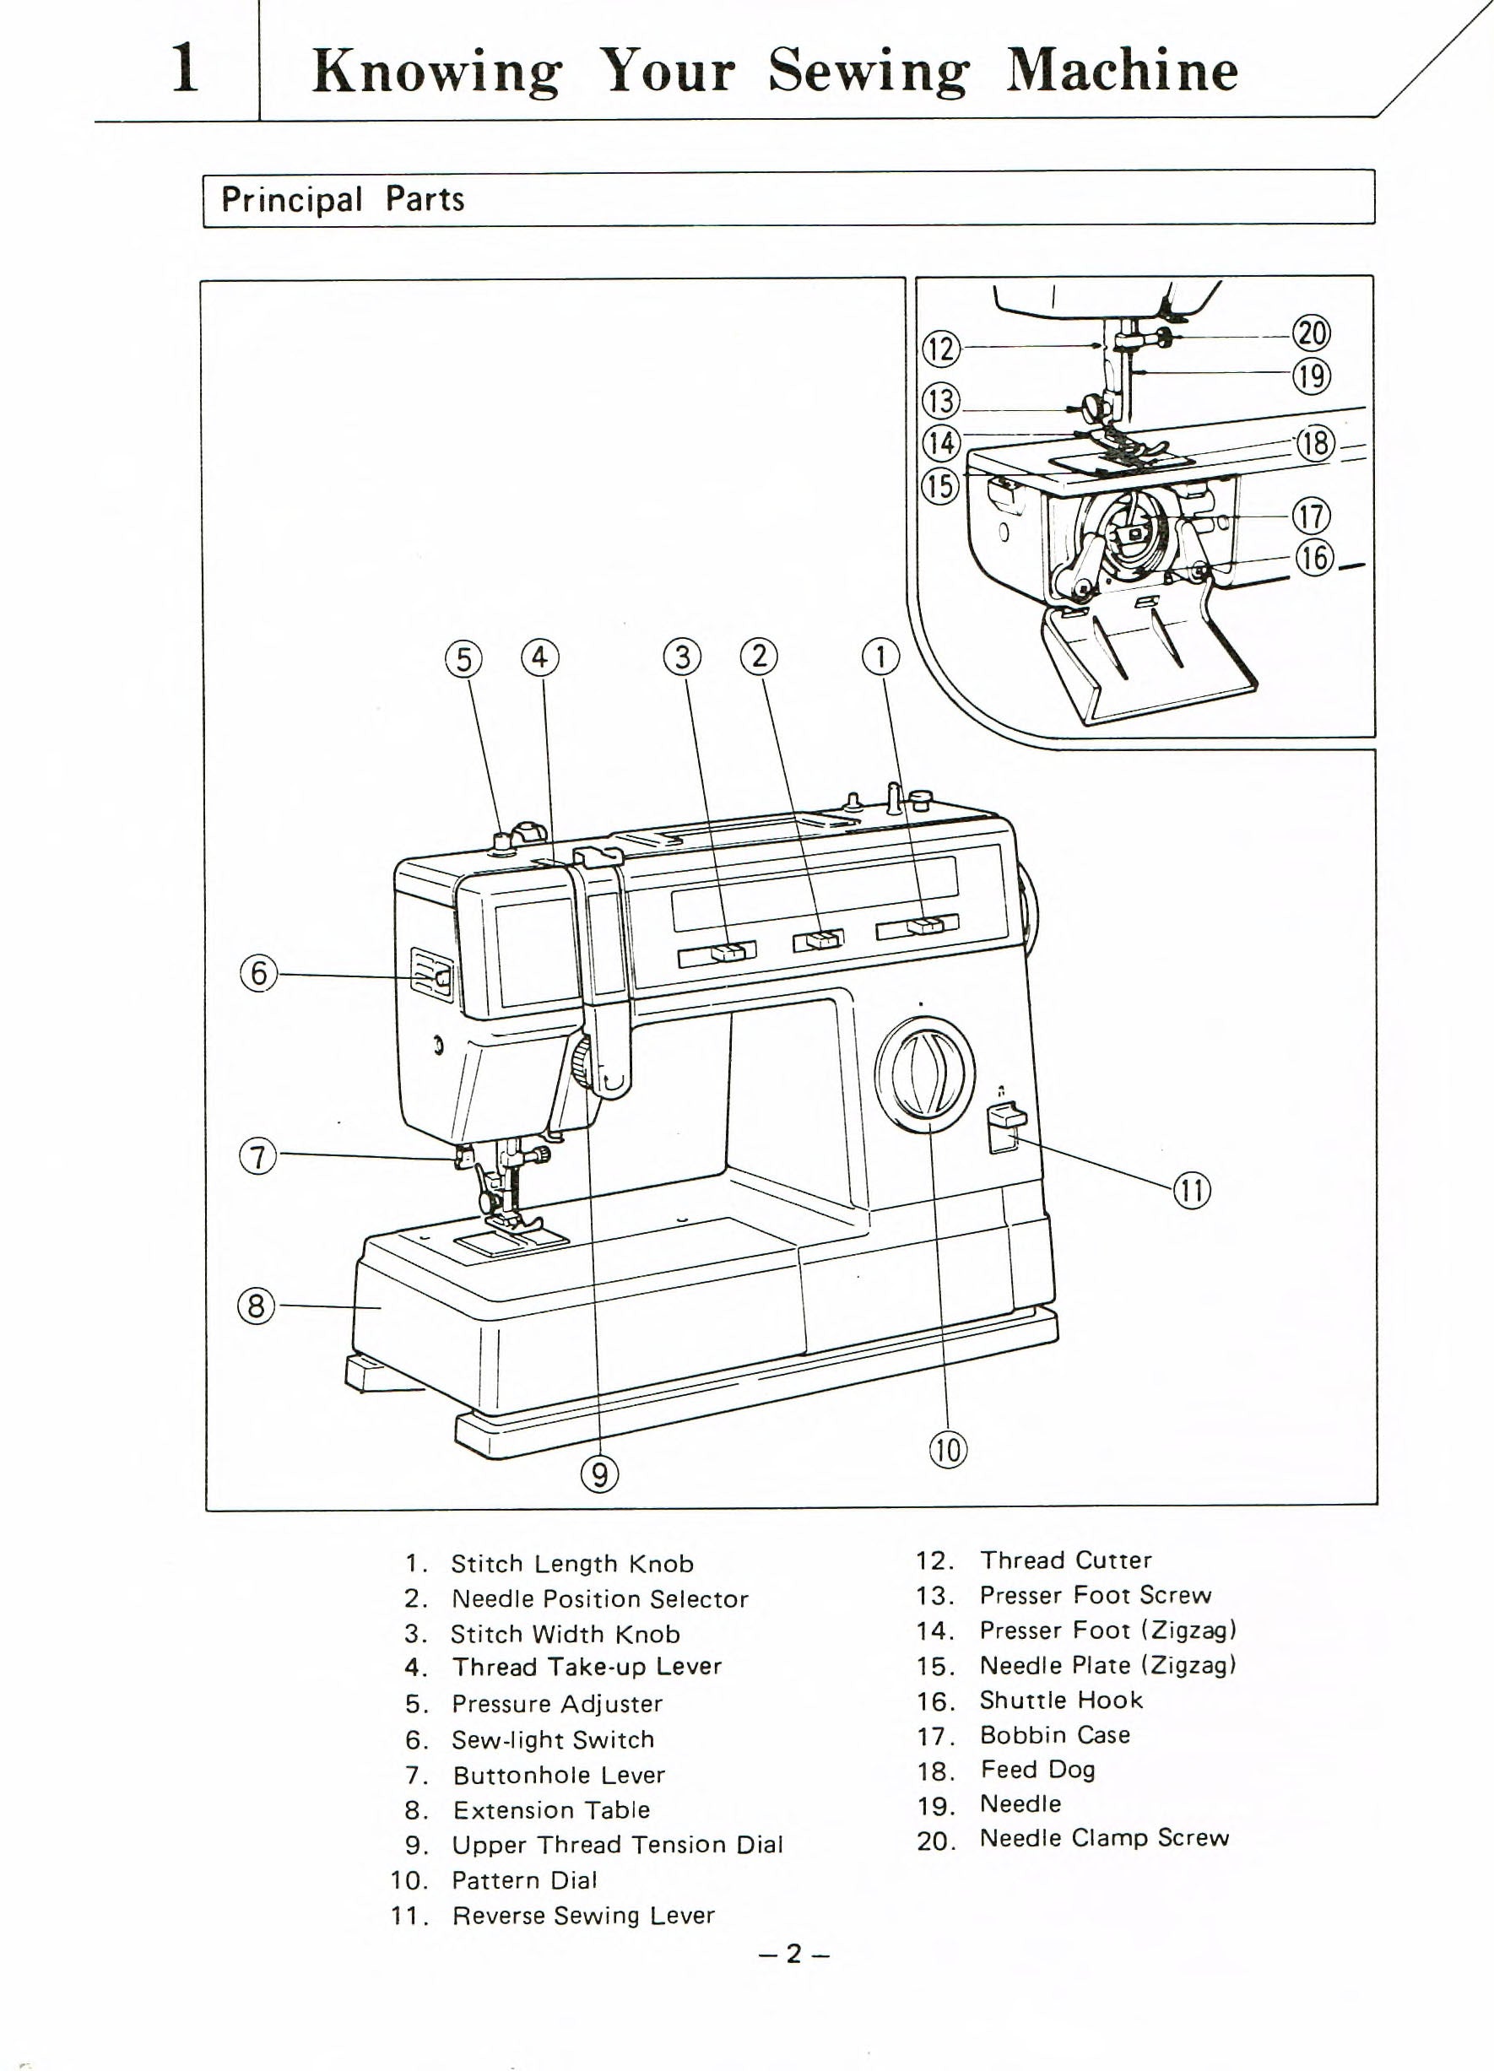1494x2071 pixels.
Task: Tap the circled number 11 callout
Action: click(1193, 1191)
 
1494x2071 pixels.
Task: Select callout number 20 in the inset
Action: click(1313, 333)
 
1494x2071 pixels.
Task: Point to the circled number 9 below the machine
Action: click(599, 1473)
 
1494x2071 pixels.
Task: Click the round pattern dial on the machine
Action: click(924, 1073)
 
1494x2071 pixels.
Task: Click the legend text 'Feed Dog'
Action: click(1037, 1770)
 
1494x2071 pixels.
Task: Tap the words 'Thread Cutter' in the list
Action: click(1066, 1560)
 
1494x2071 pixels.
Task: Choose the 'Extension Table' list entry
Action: click(551, 1810)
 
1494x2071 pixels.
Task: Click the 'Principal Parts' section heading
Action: click(343, 199)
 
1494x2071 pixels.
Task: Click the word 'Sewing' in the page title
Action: click(868, 71)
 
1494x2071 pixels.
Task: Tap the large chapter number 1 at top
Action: click(186, 68)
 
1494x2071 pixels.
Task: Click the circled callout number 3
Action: click(682, 657)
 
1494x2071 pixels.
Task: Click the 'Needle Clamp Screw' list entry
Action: click(1104, 1838)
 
